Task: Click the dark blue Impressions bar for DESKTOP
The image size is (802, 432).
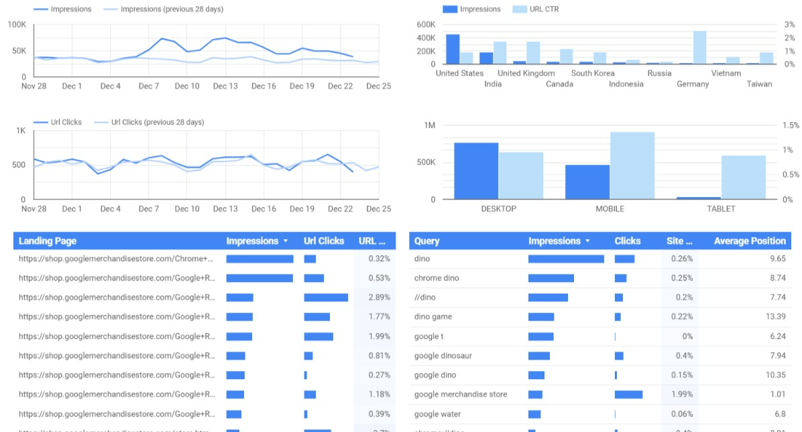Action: coord(476,171)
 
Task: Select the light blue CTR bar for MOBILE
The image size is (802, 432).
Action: coord(632,165)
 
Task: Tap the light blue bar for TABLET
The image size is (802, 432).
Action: coord(743,177)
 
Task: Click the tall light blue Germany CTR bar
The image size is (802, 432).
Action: coord(699,48)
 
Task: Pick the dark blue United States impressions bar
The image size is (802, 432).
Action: coord(453,49)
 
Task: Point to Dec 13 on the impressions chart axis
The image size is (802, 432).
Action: coord(225,86)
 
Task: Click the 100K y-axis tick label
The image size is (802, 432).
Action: coord(17,25)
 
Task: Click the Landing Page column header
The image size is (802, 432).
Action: coord(48,241)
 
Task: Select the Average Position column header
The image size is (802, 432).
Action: coord(749,241)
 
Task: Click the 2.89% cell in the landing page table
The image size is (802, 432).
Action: coord(379,297)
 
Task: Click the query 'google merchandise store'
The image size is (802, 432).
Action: coord(461,394)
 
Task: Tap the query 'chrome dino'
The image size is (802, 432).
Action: coord(437,278)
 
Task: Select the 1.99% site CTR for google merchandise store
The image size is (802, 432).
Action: coord(681,394)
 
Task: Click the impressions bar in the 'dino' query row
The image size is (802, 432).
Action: coord(566,259)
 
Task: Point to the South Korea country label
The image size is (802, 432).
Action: coord(592,74)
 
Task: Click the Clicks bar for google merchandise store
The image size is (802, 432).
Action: coord(628,394)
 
